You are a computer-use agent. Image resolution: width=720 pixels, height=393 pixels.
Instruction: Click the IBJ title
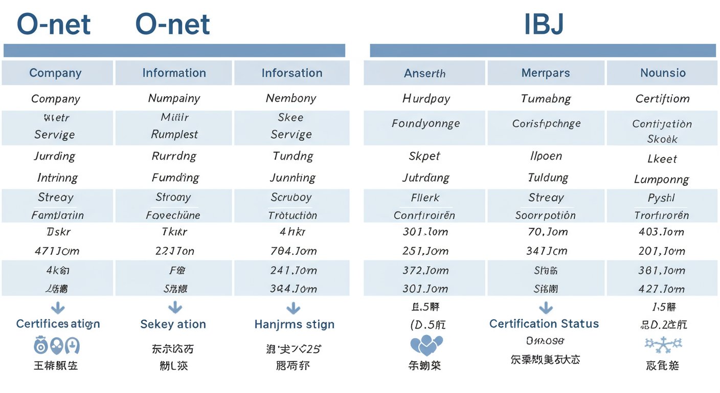(544, 25)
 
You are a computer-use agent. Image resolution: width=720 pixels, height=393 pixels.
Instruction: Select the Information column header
(174, 73)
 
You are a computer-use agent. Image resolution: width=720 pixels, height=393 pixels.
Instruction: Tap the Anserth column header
(424, 73)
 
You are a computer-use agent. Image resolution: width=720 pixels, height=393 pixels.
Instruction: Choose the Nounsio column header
(663, 73)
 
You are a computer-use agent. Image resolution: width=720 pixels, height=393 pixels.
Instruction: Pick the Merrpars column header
(545, 73)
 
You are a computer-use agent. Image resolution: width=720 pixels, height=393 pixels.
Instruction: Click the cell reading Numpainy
(174, 98)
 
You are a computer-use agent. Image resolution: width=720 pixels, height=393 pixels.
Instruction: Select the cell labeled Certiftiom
(662, 99)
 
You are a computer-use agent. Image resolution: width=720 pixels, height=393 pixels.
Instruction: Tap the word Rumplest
(174, 135)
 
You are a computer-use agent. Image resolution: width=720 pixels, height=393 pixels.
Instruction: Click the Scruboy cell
(291, 198)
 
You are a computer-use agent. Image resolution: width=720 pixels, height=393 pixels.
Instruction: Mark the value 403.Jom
(661, 232)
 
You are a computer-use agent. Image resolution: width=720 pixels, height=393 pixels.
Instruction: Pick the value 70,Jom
(547, 232)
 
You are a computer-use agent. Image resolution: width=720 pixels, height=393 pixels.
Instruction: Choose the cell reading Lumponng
(661, 180)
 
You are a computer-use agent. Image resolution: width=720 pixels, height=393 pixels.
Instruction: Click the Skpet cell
(424, 157)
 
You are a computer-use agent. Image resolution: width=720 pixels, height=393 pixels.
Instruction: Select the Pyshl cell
(661, 198)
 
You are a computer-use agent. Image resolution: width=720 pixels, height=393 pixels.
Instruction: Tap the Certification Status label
(544, 324)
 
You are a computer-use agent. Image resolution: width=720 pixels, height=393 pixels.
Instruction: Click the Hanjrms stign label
(294, 324)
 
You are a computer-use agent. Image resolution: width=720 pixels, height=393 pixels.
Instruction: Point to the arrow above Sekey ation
(175, 307)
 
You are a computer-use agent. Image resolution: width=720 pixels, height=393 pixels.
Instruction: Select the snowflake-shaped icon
(663, 345)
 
